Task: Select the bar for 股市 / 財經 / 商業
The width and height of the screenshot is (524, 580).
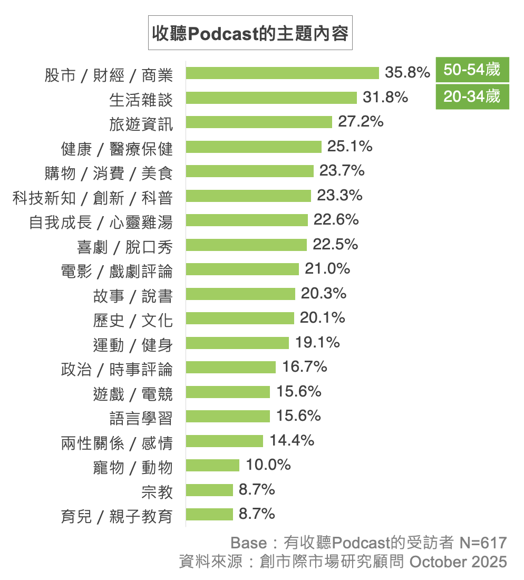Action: (282, 73)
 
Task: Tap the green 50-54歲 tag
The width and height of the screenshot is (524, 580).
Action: (472, 70)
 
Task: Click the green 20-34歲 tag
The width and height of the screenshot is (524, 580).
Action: (472, 96)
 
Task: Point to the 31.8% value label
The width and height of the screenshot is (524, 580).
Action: (385, 98)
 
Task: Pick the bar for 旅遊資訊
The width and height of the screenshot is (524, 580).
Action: (258, 122)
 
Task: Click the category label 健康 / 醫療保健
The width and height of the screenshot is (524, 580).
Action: (117, 149)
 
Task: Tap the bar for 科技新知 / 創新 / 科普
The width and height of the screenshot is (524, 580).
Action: (248, 196)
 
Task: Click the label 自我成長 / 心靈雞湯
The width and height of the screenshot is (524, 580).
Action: (101, 222)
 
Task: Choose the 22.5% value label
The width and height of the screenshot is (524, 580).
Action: (335, 244)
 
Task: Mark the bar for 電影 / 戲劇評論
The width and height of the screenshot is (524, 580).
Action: (242, 269)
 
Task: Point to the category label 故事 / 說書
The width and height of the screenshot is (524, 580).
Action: (133, 296)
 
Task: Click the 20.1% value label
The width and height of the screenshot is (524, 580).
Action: (322, 317)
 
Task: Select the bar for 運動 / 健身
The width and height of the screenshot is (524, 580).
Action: (237, 343)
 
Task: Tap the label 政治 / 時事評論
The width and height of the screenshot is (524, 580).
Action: (117, 369)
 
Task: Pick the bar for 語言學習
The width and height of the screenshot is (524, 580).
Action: (228, 416)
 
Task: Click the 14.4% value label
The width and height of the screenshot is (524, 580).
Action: (292, 440)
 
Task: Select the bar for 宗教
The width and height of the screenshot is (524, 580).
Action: (209, 490)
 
